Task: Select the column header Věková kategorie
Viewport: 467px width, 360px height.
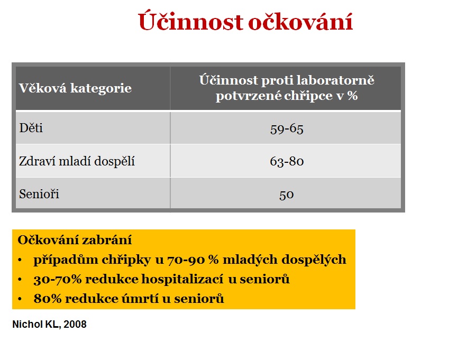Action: (x=75, y=88)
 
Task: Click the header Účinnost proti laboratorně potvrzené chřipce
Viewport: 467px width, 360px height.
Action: (x=287, y=88)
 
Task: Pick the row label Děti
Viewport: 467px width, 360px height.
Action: (x=31, y=128)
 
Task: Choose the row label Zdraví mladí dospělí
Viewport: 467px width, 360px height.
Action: (x=77, y=161)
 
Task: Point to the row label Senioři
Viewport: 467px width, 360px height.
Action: (x=39, y=194)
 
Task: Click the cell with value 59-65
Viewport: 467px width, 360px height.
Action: (x=287, y=129)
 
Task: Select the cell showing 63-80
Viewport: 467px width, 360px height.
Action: (x=287, y=161)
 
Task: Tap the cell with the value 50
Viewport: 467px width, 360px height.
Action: (x=287, y=195)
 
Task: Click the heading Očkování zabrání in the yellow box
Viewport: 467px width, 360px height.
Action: (x=75, y=239)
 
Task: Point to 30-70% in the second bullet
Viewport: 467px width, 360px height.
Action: (x=58, y=279)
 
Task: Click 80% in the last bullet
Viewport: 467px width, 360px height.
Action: (x=48, y=299)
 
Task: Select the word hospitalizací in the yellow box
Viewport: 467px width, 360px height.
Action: (x=182, y=279)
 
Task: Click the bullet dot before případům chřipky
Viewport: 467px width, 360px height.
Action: (x=20, y=260)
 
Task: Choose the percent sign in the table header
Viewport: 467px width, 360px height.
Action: (x=352, y=96)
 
